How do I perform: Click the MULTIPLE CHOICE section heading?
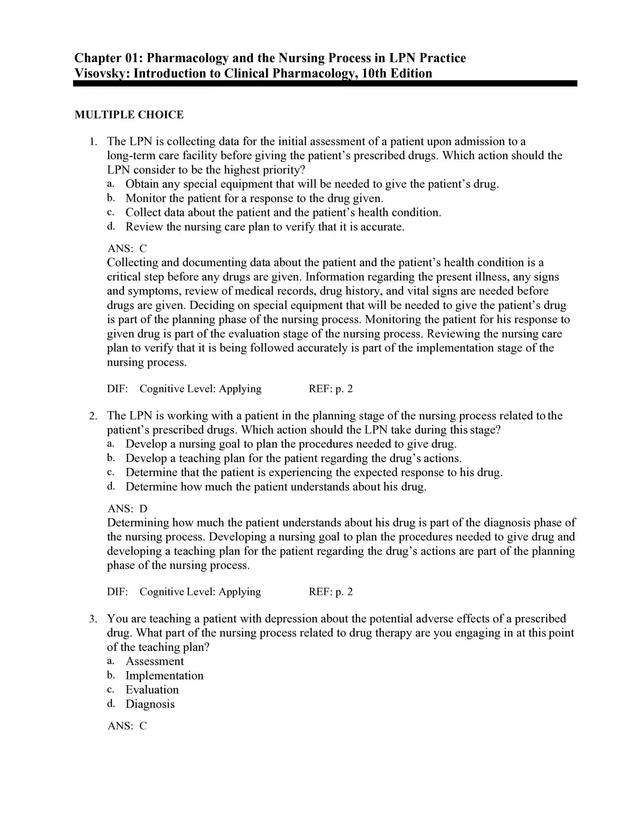[x=129, y=115]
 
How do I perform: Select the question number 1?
[x=93, y=142]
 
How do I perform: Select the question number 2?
[x=93, y=416]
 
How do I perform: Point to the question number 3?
[x=93, y=619]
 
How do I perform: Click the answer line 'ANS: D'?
[x=127, y=509]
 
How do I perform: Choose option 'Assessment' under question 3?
[x=155, y=661]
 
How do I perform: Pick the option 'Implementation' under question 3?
[x=164, y=676]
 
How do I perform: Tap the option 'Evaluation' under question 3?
[x=152, y=690]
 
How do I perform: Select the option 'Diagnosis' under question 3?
[x=150, y=704]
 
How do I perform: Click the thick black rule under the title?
[x=325, y=83]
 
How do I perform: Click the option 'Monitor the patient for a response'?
[x=254, y=198]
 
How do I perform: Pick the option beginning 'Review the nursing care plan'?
[x=265, y=227]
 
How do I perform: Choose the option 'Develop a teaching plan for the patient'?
[x=293, y=458]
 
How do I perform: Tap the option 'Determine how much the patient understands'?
[x=276, y=487]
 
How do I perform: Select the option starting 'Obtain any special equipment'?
[x=312, y=184]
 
